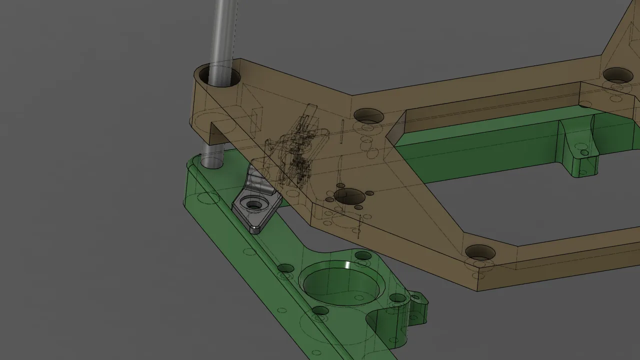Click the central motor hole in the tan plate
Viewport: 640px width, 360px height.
pyautogui.click(x=349, y=196)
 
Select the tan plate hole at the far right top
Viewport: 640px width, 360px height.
pyautogui.click(x=618, y=75)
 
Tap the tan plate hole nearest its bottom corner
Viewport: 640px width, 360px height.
pyautogui.click(x=480, y=252)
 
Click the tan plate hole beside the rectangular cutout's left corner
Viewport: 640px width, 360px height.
pyautogui.click(x=368, y=116)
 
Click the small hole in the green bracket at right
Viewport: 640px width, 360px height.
pyautogui.click(x=584, y=152)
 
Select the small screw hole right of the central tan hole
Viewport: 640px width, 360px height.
pyautogui.click(x=369, y=193)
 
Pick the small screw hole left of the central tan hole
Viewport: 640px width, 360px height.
pyautogui.click(x=329, y=199)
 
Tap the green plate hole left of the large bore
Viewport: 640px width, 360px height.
pyautogui.click(x=285, y=268)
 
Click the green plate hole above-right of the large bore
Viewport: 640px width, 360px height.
pyautogui.click(x=363, y=255)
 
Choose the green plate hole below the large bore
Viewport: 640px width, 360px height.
pyautogui.click(x=320, y=310)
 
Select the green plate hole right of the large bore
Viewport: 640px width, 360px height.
pyautogui.click(x=397, y=298)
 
